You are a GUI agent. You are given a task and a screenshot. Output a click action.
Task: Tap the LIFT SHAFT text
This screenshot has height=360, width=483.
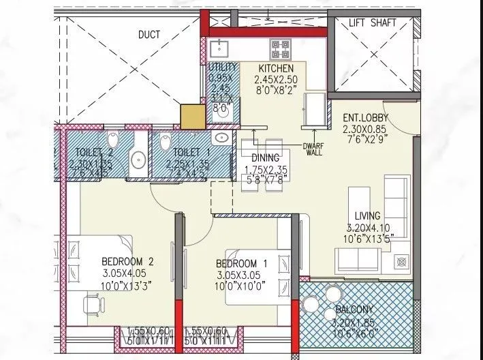(372, 22)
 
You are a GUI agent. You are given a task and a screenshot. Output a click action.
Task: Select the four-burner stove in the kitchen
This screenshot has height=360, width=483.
(280, 48)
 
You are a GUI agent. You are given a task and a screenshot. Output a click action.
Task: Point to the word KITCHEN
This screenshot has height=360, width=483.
(276, 69)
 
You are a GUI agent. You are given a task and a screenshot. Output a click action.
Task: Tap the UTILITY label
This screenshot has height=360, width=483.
(223, 67)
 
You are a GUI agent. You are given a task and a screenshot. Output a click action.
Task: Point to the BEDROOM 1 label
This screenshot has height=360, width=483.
(236, 264)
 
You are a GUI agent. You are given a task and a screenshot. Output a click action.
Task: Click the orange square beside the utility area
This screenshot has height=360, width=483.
(192, 115)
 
